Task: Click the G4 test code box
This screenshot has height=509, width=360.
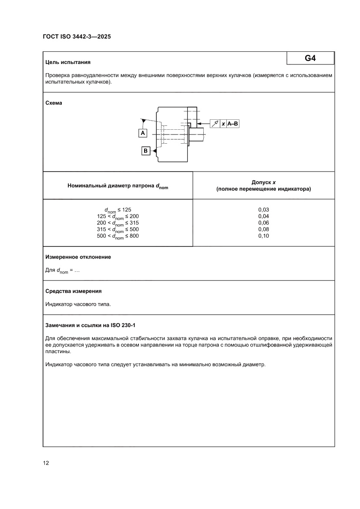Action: coord(310,58)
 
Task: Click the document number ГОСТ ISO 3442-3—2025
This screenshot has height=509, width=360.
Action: coord(77,37)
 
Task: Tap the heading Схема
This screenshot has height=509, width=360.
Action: coord(54,103)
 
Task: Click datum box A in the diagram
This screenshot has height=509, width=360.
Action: coord(143,133)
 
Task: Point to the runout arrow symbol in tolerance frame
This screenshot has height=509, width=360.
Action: coord(215,124)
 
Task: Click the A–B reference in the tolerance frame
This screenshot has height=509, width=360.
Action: coord(233,124)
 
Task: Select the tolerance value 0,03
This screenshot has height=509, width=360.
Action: coord(263,209)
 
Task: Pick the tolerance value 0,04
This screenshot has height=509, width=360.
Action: coord(263,216)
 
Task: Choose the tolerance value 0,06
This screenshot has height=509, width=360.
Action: coord(263,222)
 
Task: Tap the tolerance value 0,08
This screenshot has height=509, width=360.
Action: coord(263,229)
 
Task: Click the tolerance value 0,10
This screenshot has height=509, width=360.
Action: coord(263,236)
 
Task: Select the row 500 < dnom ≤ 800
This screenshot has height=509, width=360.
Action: coord(118,236)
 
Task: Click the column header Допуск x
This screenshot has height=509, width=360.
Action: coord(263,183)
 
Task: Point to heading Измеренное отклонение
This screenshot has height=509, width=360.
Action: coord(78,257)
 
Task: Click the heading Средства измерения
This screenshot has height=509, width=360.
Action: coord(74,291)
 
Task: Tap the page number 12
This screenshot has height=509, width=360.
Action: coord(46,463)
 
